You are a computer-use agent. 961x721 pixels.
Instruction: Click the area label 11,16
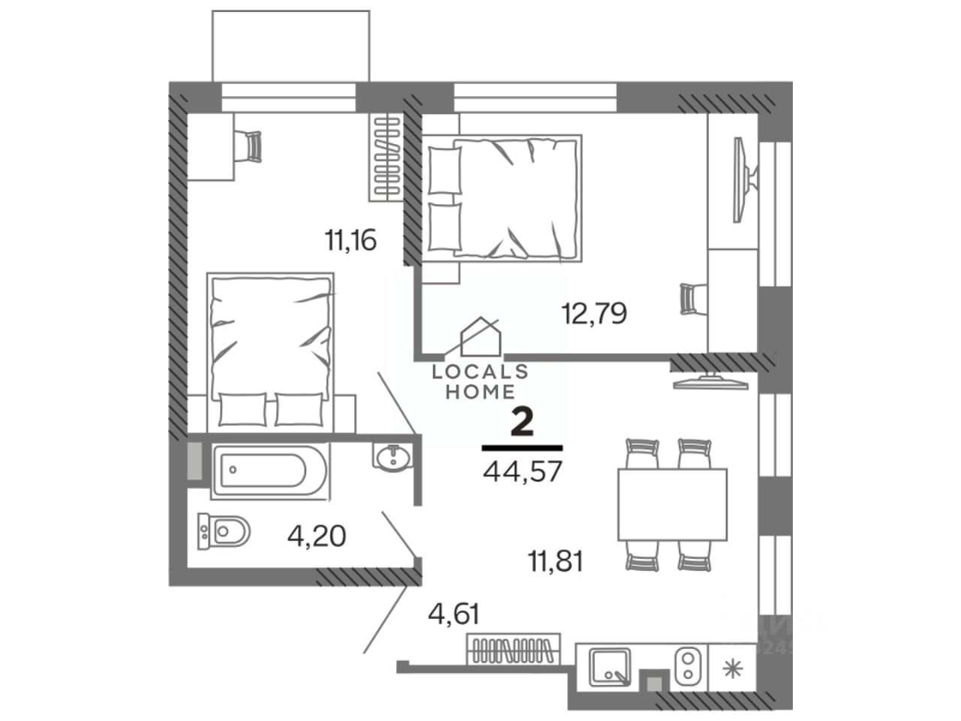click(x=350, y=241)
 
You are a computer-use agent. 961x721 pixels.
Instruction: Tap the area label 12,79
click(x=594, y=312)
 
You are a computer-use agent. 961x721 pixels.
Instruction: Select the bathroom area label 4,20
click(x=316, y=535)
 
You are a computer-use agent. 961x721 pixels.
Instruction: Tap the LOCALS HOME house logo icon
click(x=480, y=335)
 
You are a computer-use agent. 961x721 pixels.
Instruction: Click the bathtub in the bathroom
click(x=270, y=471)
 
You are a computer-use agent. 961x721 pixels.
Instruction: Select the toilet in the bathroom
click(x=224, y=532)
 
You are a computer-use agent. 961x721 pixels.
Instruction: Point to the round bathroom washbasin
click(x=391, y=457)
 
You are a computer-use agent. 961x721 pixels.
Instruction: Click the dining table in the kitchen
click(x=672, y=504)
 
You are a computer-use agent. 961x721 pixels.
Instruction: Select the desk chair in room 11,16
click(x=252, y=147)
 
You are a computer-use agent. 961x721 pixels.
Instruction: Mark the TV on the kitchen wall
click(x=711, y=382)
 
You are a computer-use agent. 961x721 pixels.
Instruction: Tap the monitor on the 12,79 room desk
click(x=743, y=179)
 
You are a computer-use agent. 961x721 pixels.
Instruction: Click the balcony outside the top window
click(x=291, y=45)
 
